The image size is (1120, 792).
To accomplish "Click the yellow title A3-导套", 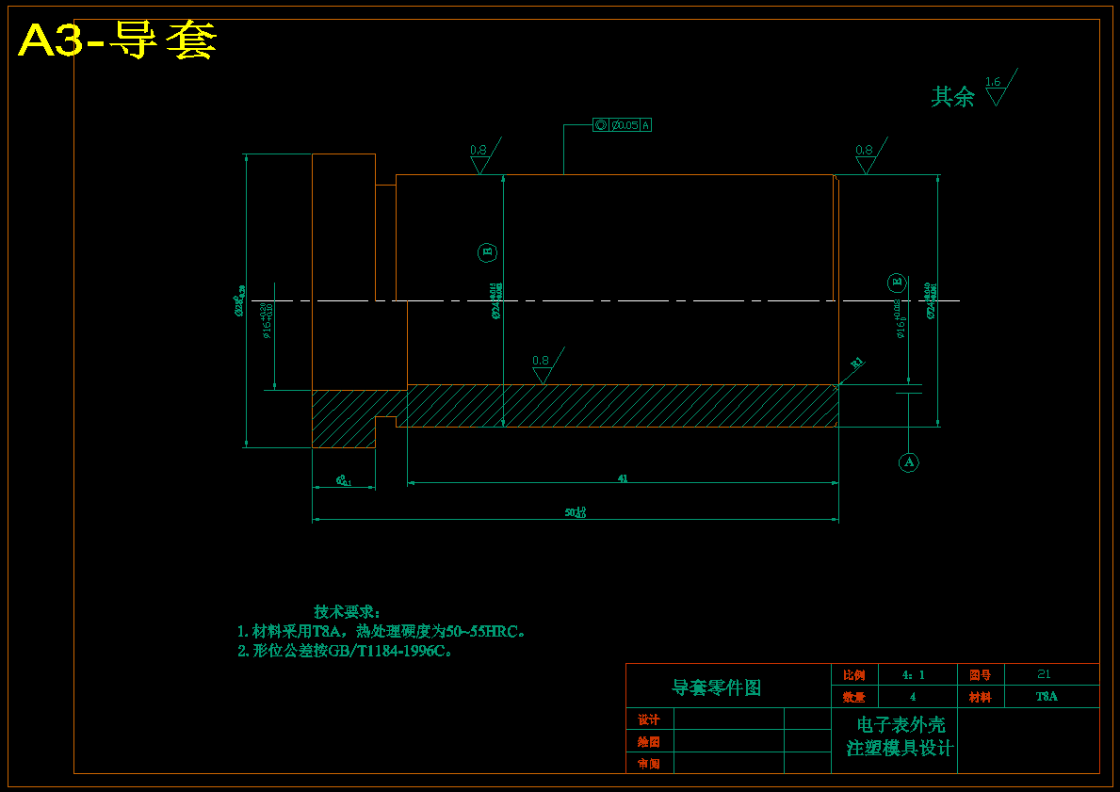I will pyautogui.click(x=118, y=41).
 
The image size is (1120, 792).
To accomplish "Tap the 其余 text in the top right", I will pyautogui.click(x=952, y=96).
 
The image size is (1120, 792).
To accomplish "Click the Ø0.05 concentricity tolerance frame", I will pyautogui.click(x=623, y=124).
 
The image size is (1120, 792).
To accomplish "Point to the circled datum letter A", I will pyautogui.click(x=908, y=461).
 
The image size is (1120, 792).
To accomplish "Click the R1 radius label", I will pyautogui.click(x=856, y=364).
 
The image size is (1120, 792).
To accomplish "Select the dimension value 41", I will pyautogui.click(x=623, y=478).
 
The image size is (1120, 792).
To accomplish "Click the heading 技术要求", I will pyautogui.click(x=347, y=612).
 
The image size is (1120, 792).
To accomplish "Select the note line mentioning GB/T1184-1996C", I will pyautogui.click(x=345, y=651).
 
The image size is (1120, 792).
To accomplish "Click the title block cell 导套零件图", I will pyautogui.click(x=716, y=687).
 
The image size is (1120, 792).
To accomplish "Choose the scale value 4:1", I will pyautogui.click(x=913, y=674).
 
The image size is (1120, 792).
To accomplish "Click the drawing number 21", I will pyautogui.click(x=1044, y=674).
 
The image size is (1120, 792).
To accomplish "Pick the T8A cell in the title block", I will pyautogui.click(x=1047, y=697).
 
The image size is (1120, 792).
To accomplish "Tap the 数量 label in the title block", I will pyautogui.click(x=853, y=697).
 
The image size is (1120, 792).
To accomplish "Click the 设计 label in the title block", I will pyautogui.click(x=649, y=719).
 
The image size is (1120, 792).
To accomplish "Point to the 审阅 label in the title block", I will pyautogui.click(x=649, y=764).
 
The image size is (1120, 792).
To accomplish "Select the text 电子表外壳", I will pyautogui.click(x=901, y=724).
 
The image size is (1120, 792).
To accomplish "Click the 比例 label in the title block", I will pyautogui.click(x=853, y=674).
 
